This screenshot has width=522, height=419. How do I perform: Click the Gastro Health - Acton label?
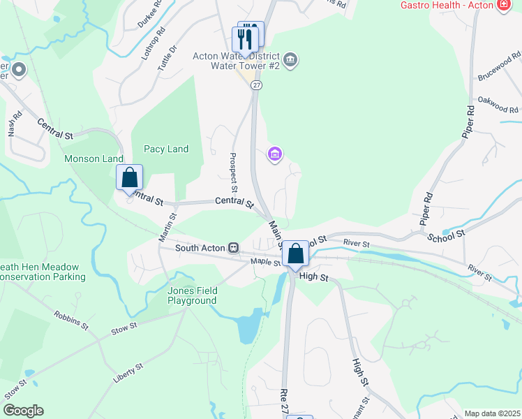click(446, 6)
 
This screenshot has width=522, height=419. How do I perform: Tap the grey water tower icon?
click(292, 61)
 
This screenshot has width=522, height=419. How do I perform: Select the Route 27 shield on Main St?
click(257, 84)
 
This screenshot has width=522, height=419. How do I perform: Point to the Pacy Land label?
click(166, 149)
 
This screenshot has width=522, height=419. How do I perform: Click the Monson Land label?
click(94, 159)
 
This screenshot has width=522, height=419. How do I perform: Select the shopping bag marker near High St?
click(296, 254)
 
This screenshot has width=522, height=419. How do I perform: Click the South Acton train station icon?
click(234, 247)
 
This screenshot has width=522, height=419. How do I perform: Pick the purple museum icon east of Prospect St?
click(274, 154)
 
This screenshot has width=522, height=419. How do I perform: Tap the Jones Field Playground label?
click(192, 295)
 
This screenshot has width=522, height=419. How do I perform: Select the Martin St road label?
click(167, 228)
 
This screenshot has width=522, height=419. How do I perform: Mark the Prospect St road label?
click(233, 173)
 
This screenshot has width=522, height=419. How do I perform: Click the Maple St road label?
click(266, 263)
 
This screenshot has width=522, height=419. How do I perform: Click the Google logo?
click(23, 411)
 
